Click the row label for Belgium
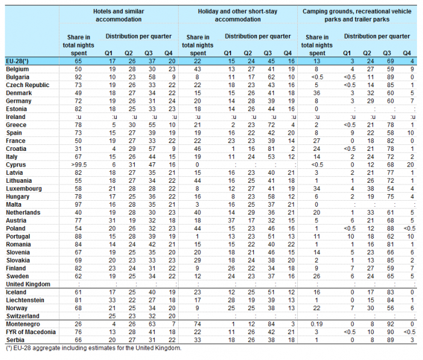(x=17, y=69)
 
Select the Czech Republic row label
(x=28, y=85)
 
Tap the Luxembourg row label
(x=23, y=189)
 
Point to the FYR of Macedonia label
(x=31, y=332)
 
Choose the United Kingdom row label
(x=28, y=284)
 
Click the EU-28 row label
(x=17, y=61)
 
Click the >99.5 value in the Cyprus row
(x=78, y=165)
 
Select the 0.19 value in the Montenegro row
(x=316, y=324)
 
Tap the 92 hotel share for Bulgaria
(x=78, y=77)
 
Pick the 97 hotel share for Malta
(x=78, y=204)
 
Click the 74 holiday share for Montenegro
(x=197, y=324)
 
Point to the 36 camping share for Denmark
(x=316, y=93)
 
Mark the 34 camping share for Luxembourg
(x=316, y=189)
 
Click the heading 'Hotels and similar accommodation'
(x=119, y=16)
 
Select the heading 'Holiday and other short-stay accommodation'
(x=238, y=16)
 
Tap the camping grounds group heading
(x=357, y=16)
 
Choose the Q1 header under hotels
(x=108, y=53)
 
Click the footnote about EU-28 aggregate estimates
(x=94, y=348)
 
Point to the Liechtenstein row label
(x=25, y=300)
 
